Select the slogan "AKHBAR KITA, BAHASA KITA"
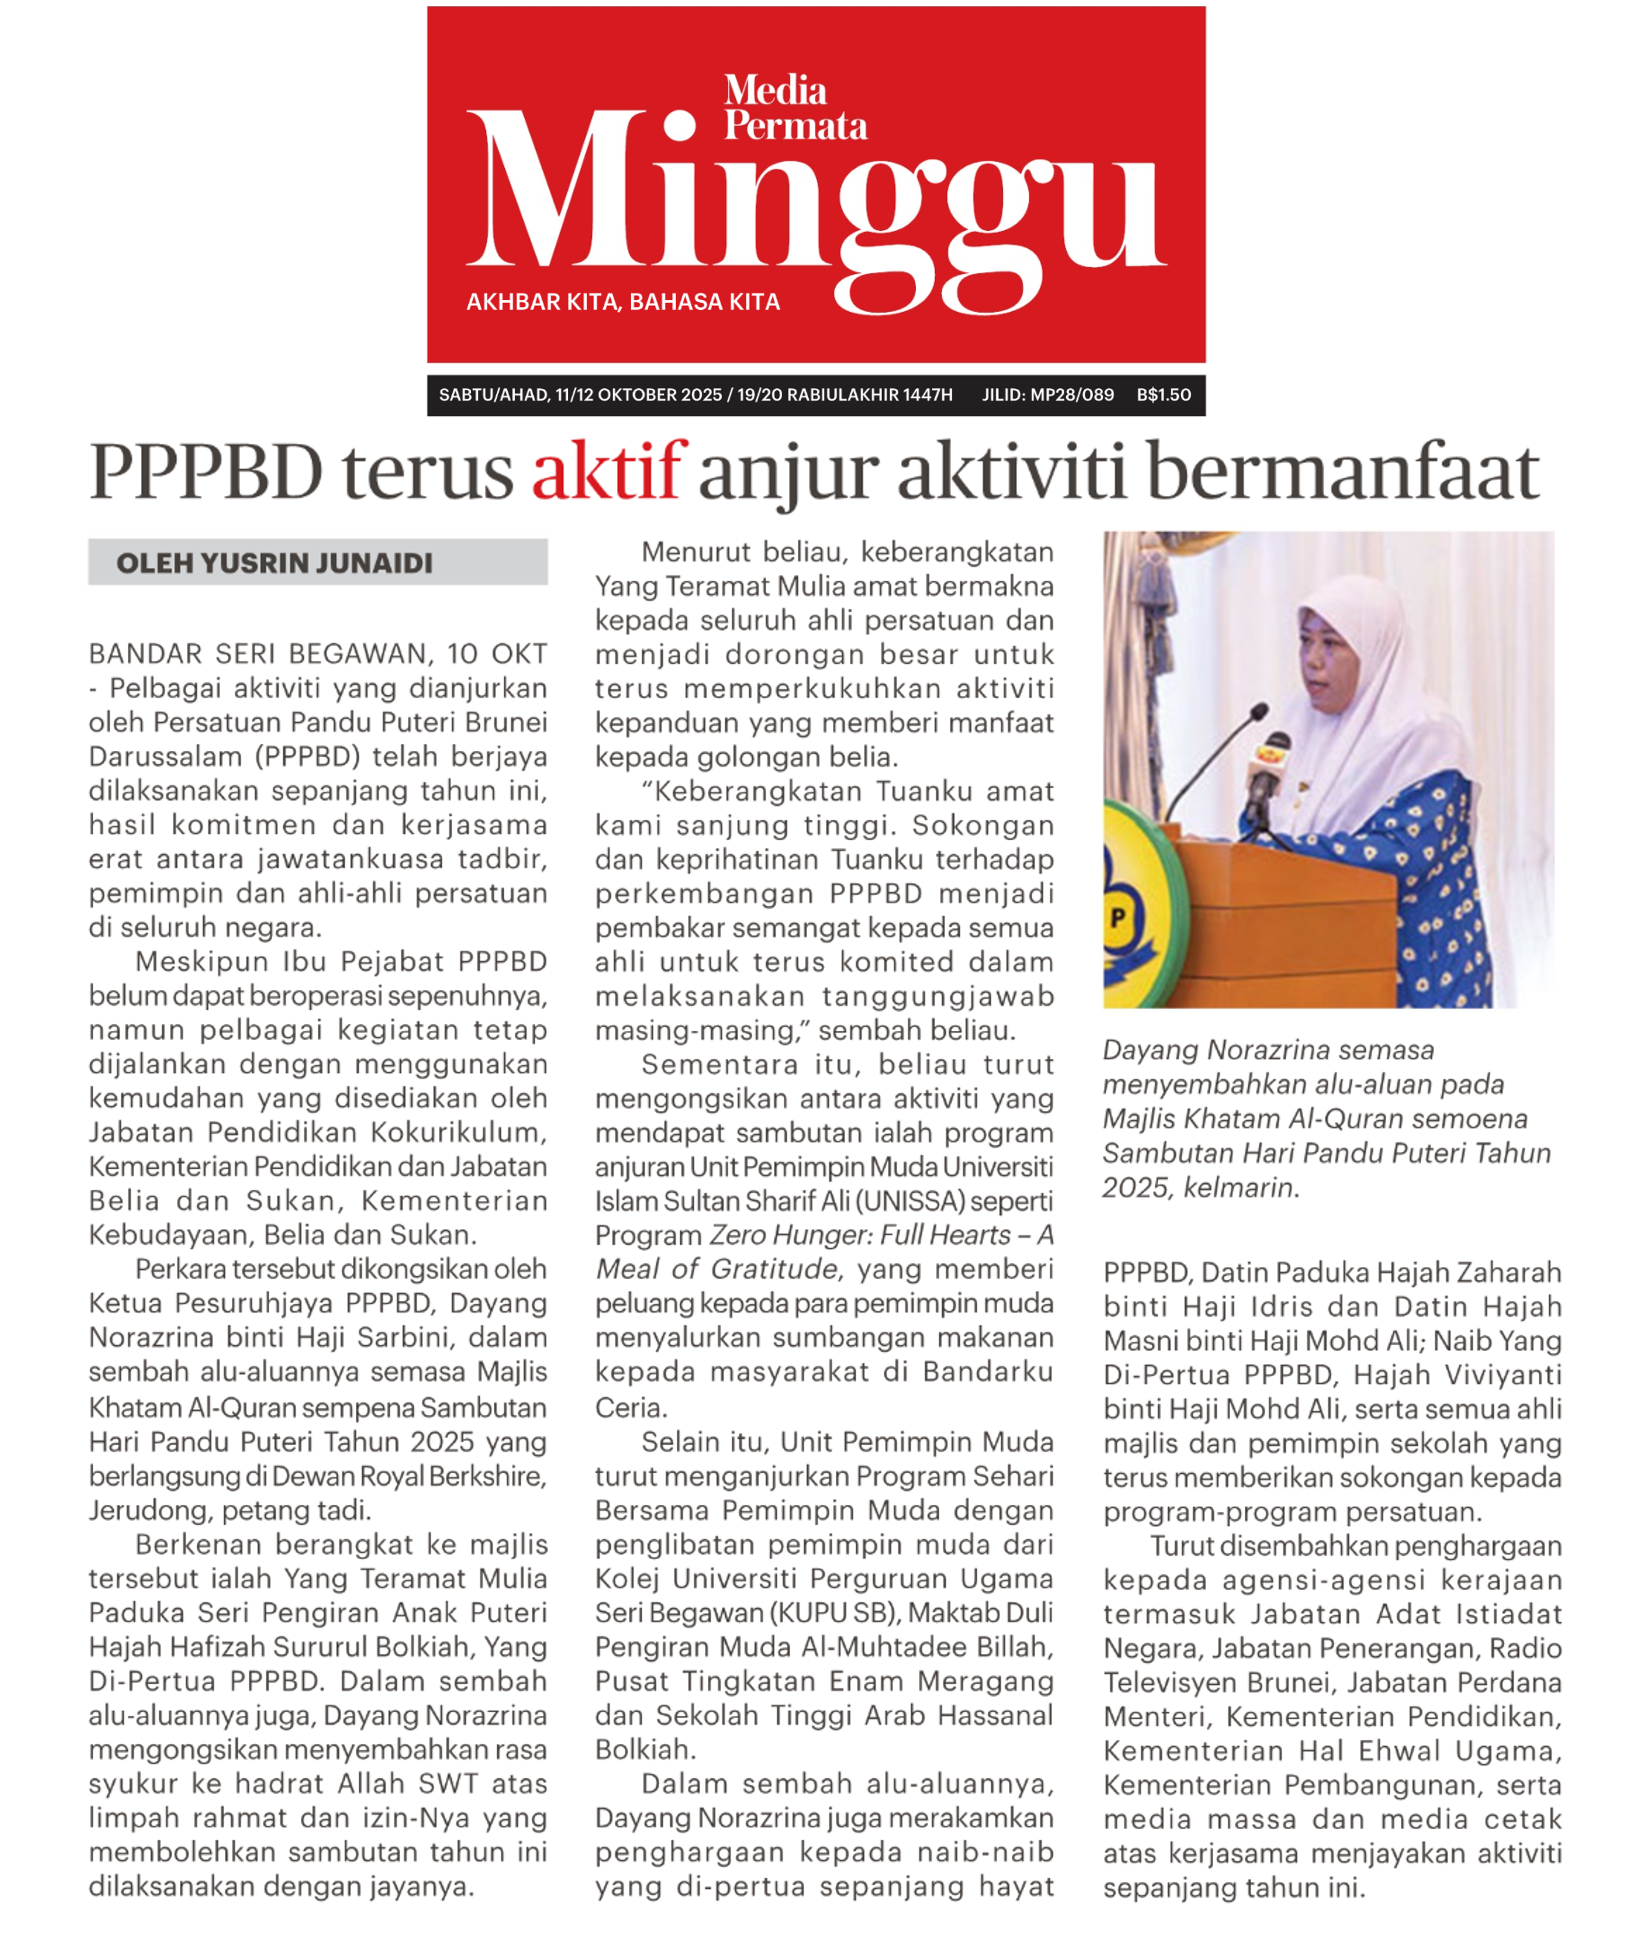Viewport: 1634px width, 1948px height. point(623,302)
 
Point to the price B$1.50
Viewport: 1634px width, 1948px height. point(1164,395)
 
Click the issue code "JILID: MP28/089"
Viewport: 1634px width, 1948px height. point(1047,395)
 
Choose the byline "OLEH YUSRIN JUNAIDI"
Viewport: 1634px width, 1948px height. point(275,563)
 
